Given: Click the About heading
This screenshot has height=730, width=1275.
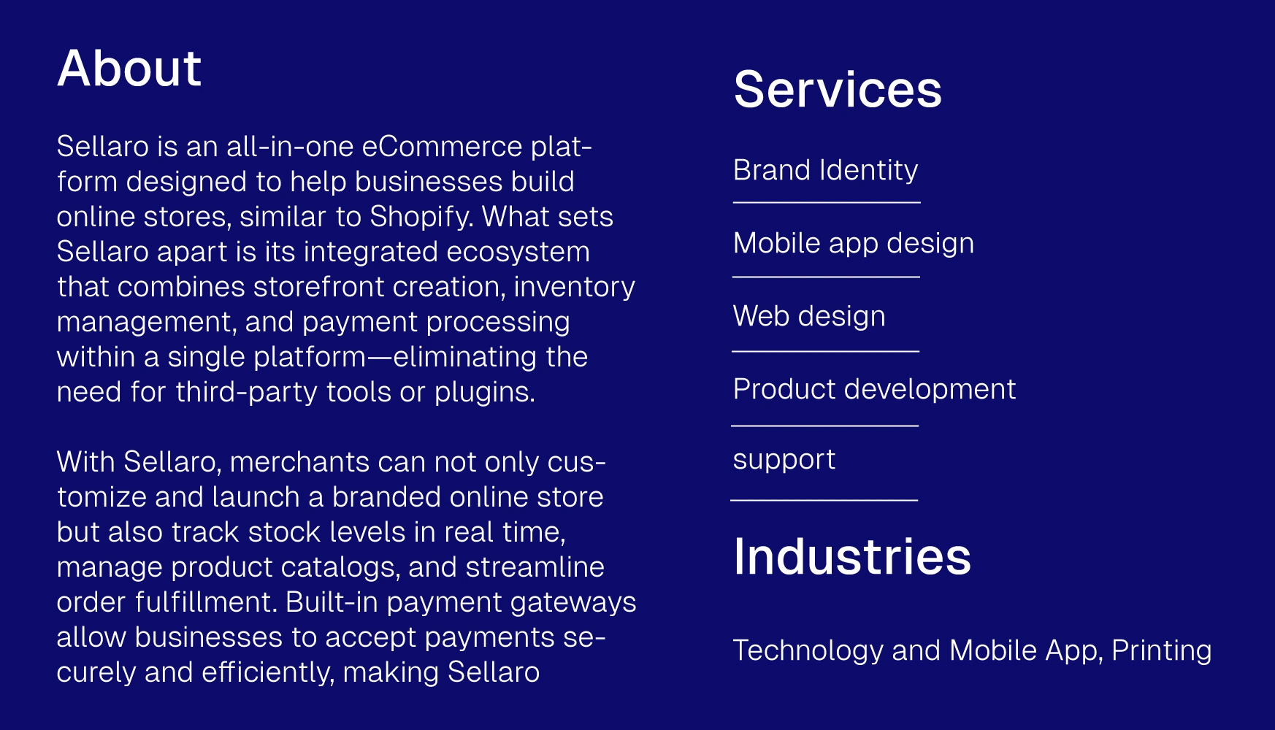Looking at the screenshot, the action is pyautogui.click(x=129, y=69).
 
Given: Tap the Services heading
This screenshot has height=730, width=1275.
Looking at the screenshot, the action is pyautogui.click(x=838, y=90).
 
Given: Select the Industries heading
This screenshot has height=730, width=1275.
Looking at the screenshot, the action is pyautogui.click(x=852, y=556).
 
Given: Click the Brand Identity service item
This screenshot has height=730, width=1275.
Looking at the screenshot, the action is pyautogui.click(x=825, y=170).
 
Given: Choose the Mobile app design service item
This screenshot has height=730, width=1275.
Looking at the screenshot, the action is pyautogui.click(x=854, y=243).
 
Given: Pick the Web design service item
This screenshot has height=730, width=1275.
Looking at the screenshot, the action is pyautogui.click(x=809, y=316).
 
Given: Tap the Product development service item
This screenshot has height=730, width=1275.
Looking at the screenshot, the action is pyautogui.click(x=874, y=389).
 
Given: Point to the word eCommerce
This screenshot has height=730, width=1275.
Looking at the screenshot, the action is pyautogui.click(x=442, y=147).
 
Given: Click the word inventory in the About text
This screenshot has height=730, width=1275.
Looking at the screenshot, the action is pyautogui.click(x=575, y=287).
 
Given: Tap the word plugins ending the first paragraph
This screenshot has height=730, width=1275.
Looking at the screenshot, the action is pyautogui.click(x=485, y=393).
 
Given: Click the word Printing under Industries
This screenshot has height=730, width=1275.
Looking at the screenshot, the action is pyautogui.click(x=1161, y=651).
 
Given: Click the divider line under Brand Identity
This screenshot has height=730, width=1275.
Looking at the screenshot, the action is pyautogui.click(x=827, y=202).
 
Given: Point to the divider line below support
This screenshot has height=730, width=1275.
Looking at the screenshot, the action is pyautogui.click(x=824, y=500).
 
